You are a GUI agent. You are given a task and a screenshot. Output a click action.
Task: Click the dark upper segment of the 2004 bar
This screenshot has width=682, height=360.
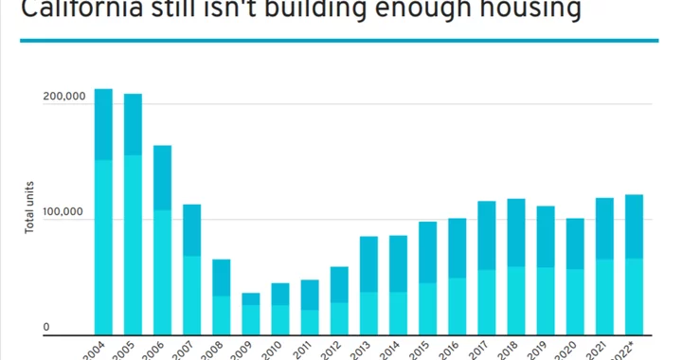[103, 124]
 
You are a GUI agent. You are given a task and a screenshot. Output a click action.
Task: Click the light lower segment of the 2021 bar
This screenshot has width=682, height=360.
[604, 297]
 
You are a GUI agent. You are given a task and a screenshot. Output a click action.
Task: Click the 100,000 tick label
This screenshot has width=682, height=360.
[64, 219]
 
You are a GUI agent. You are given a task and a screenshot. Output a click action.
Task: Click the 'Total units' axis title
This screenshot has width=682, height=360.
[29, 209]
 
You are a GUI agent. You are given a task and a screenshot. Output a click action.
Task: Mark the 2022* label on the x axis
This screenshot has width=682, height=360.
[628, 349]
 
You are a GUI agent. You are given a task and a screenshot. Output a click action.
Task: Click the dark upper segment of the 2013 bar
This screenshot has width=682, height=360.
[368, 264]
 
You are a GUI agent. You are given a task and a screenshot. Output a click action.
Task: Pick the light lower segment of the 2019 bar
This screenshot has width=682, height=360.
[546, 300]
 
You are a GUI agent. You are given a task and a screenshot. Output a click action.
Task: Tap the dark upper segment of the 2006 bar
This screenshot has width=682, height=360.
[162, 177]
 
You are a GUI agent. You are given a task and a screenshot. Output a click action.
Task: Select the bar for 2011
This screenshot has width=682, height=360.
[310, 307]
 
